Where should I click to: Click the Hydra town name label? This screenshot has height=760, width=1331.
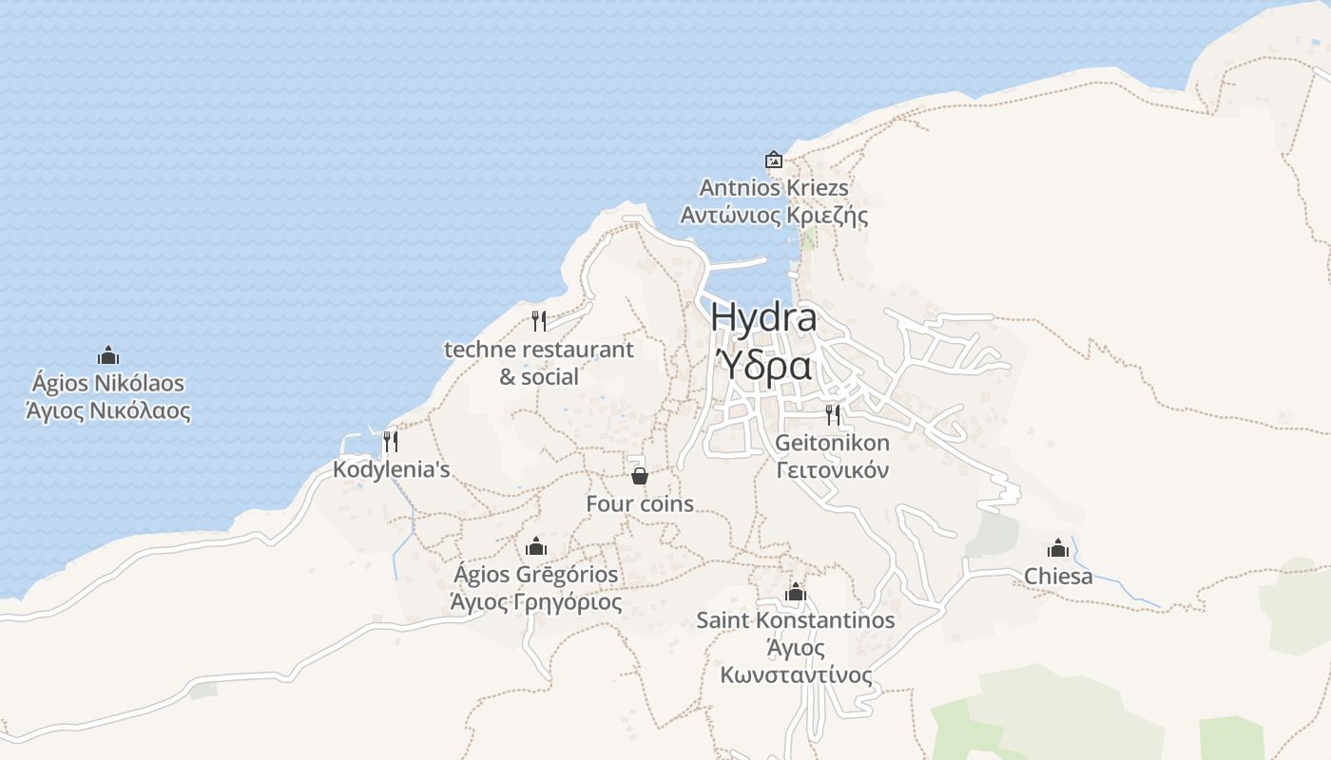[762, 317]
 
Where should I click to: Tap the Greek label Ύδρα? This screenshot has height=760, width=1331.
[762, 365]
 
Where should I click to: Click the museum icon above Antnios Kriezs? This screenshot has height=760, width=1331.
[773, 160]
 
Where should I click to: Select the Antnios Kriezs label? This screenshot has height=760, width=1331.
[774, 187]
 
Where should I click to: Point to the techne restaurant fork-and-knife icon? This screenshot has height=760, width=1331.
[539, 321]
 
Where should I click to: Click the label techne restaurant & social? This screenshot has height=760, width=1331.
[539, 363]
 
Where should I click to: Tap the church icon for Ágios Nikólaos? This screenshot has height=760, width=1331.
[108, 356]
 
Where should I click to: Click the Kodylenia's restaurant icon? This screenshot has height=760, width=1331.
[390, 442]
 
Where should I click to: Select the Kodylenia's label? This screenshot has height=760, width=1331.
[391, 469]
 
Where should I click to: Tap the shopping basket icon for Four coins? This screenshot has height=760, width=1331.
[640, 476]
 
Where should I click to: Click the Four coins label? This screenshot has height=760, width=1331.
[640, 503]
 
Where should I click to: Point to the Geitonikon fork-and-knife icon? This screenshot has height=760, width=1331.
[833, 414]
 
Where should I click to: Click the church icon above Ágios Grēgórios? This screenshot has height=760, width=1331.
[536, 546]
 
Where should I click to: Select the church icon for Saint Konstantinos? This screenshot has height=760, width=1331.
[796, 593]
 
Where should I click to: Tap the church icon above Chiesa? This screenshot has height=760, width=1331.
[1058, 548]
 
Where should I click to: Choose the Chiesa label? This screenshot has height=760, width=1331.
[1058, 576]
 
